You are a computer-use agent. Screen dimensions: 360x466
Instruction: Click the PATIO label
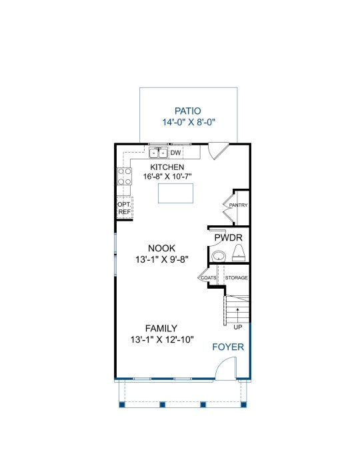point(187,111)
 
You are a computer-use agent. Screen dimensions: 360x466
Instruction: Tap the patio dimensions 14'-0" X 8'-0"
point(189,122)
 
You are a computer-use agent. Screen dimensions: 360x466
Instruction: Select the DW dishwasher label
point(175,153)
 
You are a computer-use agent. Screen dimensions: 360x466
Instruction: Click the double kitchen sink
point(158,153)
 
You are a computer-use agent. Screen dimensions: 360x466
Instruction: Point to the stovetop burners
point(124,176)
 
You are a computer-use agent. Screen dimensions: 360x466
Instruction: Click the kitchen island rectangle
point(175,193)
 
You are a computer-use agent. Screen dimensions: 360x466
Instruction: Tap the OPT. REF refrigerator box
point(125,208)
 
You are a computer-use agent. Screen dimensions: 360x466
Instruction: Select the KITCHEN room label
point(167,167)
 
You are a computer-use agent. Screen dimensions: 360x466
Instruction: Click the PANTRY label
point(238,205)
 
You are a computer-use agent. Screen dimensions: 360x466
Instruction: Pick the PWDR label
point(228,238)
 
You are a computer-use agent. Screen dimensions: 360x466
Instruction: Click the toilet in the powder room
point(239,253)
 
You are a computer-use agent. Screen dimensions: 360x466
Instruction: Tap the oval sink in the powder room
point(219,256)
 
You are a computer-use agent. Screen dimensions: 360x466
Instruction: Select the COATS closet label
point(209,278)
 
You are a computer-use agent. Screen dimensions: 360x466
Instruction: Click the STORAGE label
point(237,278)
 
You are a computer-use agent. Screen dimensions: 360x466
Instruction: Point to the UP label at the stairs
point(238,327)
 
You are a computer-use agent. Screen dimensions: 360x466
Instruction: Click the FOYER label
point(228,347)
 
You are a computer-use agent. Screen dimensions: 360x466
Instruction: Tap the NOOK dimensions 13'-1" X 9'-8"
point(162,259)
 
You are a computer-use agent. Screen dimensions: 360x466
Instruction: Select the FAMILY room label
point(161,329)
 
